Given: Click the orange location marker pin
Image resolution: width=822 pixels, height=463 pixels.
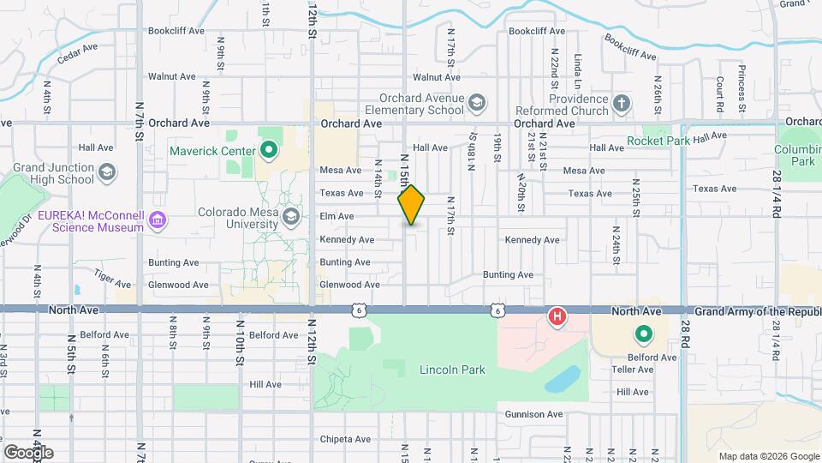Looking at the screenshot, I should click(412, 205).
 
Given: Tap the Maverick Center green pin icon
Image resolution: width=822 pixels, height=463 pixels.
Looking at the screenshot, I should click(270, 152).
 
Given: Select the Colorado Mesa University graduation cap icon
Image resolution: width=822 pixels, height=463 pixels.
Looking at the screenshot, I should click(292, 215).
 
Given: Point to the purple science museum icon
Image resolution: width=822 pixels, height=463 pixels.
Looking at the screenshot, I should click(157, 221).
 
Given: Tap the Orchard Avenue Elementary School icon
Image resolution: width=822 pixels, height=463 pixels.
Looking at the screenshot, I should click(476, 105).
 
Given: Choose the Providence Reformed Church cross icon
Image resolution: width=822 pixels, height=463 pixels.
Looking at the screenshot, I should click(621, 105).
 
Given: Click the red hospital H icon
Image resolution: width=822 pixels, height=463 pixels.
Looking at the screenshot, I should click(557, 317).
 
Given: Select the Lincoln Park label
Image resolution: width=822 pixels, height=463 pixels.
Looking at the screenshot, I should click(452, 370).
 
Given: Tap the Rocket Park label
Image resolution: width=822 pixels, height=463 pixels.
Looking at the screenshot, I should click(658, 141).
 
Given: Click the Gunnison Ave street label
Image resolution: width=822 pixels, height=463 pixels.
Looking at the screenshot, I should click(533, 414).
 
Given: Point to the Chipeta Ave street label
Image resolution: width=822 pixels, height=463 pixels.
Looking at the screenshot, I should click(345, 439).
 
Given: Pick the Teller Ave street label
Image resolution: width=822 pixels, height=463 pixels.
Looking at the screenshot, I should click(633, 370).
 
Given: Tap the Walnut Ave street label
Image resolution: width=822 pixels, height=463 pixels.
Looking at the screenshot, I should click(172, 76).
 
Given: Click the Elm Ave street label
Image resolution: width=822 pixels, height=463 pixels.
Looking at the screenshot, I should click(337, 216).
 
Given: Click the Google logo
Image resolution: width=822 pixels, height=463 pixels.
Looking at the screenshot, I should click(28, 452).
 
